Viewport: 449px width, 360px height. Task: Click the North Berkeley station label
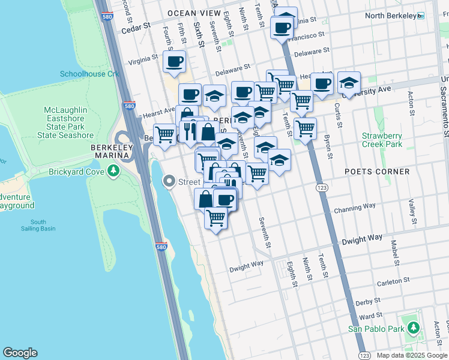(391, 16)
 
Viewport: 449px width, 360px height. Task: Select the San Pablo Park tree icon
(413, 328)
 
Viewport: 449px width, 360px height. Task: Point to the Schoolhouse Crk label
(90, 74)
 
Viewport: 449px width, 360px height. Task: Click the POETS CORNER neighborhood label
(377, 172)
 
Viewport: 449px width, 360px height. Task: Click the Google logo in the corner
(20, 353)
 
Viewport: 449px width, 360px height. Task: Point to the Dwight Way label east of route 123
(362, 239)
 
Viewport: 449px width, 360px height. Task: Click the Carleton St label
(393, 280)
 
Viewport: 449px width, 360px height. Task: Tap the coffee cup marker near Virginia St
(174, 61)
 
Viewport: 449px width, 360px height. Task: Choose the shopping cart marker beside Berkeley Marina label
(164, 134)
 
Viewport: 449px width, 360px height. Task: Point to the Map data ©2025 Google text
(412, 355)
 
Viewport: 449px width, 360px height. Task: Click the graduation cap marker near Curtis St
(349, 83)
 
